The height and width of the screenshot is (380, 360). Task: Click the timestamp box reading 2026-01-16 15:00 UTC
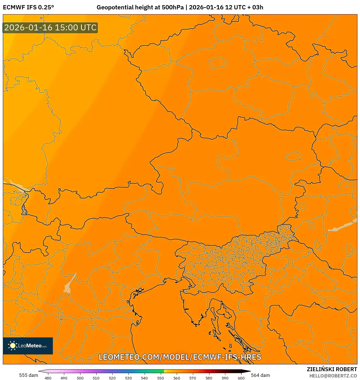50,28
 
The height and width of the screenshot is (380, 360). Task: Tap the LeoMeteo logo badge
28,346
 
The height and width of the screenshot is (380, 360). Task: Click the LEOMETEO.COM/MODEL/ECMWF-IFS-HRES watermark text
180,357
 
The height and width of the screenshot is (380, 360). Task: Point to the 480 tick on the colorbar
48,378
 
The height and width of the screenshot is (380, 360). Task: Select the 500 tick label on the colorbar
80,378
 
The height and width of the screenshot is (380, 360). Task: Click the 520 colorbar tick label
112,378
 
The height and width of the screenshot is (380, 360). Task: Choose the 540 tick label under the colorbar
144,378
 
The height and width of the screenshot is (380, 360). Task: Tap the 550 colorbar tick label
161,378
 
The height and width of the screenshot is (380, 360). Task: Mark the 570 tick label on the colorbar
193,378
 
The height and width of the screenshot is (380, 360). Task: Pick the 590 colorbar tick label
225,378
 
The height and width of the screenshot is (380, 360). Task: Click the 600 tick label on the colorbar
241,378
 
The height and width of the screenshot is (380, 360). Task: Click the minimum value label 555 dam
28,375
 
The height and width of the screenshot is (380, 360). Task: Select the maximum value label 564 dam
260,375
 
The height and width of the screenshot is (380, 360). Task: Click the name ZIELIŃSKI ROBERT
332,369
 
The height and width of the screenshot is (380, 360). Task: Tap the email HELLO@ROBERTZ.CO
333,376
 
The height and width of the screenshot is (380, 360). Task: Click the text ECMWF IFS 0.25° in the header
28,7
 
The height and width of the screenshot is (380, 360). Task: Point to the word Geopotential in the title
114,7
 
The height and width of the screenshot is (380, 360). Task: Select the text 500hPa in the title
172,7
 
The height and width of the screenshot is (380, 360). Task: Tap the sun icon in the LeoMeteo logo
13,346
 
